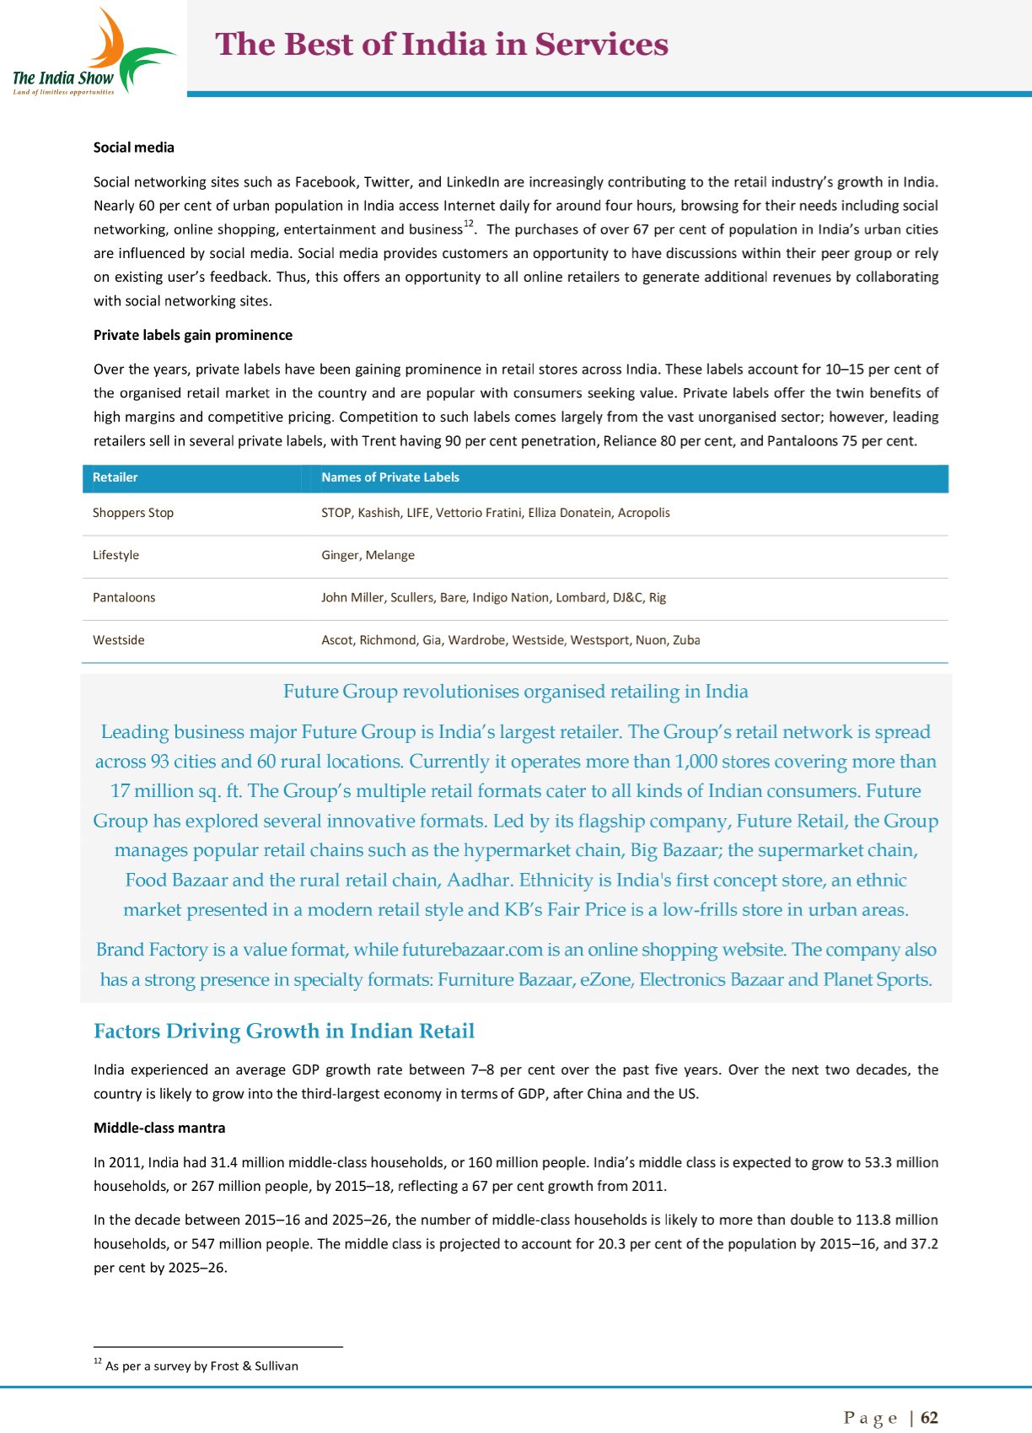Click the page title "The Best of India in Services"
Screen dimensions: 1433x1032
(x=442, y=44)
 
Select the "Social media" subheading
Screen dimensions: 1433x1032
(x=134, y=148)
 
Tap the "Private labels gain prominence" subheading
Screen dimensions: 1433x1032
(x=193, y=335)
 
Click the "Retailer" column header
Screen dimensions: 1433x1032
(x=115, y=477)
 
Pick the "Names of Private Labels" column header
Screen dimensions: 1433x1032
(x=390, y=477)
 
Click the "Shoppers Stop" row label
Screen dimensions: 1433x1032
(x=133, y=513)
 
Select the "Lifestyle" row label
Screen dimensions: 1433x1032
(x=116, y=555)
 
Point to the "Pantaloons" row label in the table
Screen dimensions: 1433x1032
(x=124, y=597)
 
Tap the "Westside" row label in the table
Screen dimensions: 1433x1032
(x=119, y=640)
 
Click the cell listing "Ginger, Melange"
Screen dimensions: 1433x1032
(x=368, y=555)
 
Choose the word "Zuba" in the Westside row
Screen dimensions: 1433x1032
(x=686, y=640)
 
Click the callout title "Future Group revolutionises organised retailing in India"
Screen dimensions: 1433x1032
(x=516, y=692)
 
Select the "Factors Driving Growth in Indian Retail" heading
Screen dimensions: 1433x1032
(x=284, y=1031)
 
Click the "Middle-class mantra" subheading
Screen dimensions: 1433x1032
(x=159, y=1128)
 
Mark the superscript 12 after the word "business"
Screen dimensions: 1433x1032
(x=469, y=224)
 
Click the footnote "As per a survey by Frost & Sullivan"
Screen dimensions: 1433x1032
(x=202, y=1366)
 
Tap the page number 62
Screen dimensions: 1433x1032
(x=929, y=1418)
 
